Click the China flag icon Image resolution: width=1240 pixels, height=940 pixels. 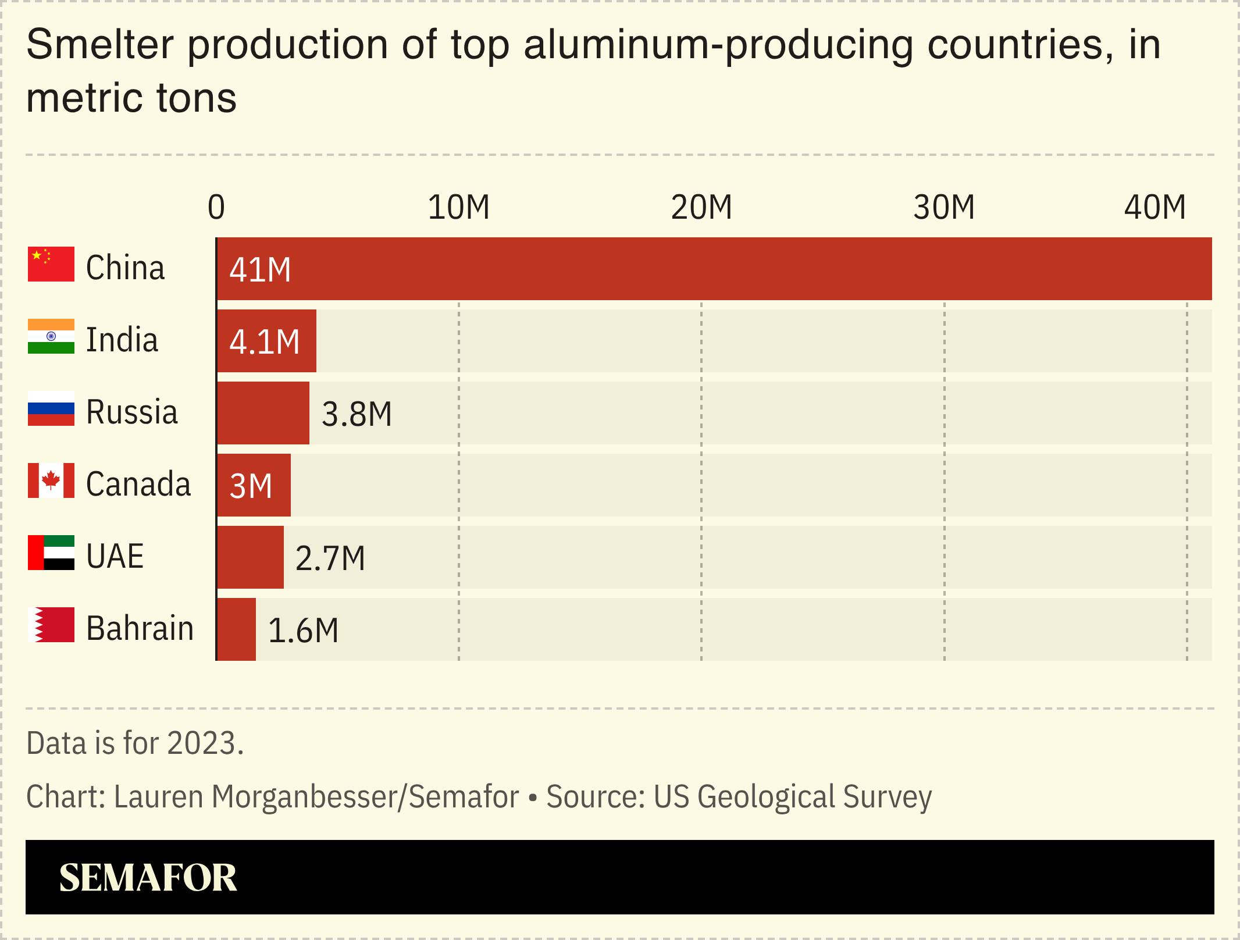[x=51, y=264]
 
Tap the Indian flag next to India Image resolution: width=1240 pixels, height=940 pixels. [x=51, y=336]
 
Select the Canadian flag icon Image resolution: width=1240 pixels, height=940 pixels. [x=51, y=480]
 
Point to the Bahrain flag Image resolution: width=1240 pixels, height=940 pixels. [x=51, y=625]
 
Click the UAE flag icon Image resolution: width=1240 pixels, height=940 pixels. [x=51, y=553]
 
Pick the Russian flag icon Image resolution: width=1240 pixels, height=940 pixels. [x=51, y=408]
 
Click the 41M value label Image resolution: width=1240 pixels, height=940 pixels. [x=260, y=270]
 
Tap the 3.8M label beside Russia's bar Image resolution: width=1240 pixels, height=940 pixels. [x=357, y=414]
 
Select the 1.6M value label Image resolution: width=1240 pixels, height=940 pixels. [x=303, y=631]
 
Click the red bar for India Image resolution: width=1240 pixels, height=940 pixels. [x=266, y=341]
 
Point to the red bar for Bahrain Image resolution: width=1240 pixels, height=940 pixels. [x=237, y=629]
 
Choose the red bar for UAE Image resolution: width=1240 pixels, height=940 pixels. [x=251, y=557]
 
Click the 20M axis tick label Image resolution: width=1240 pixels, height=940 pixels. [x=701, y=207]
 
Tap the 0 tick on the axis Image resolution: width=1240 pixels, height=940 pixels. [x=216, y=207]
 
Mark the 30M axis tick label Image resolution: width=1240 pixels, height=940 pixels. [x=943, y=207]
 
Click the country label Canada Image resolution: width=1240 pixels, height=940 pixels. [x=138, y=484]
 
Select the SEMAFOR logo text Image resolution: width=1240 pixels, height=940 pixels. [x=148, y=877]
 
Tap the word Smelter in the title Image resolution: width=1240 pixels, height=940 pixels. [x=100, y=44]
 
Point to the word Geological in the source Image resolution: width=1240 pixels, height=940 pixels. [x=766, y=797]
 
